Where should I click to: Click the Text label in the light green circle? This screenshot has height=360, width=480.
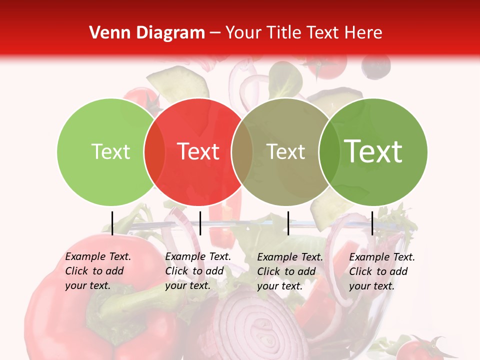coord(110,151)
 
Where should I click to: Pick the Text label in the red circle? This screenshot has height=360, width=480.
coord(198,151)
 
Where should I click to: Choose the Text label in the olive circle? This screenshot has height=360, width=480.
coord(285,151)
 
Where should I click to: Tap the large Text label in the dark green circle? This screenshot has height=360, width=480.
coord(373,151)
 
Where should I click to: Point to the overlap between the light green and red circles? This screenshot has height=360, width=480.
coord(154,151)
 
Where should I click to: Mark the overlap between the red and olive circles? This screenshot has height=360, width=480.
coord(242,151)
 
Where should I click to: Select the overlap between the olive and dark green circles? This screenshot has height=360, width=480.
coord(329,151)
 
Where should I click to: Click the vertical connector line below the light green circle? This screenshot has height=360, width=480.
coord(112,223)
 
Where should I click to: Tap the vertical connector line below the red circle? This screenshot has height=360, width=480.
coord(200,223)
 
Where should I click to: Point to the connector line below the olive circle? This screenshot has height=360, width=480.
coord(288,223)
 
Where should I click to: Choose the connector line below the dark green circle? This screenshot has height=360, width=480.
coord(372,223)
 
